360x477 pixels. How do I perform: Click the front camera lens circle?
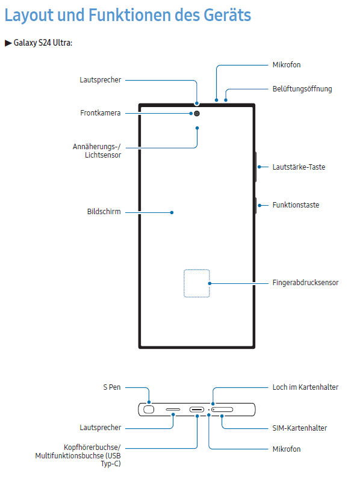click(x=197, y=114)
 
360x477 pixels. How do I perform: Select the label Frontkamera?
click(x=100, y=113)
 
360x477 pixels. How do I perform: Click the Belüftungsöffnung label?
click(x=302, y=89)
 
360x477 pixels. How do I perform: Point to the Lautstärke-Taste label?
click(x=299, y=167)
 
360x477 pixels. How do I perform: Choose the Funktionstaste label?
click(x=296, y=205)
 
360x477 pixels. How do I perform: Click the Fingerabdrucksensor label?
click(x=305, y=283)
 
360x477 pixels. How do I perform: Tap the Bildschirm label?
click(x=104, y=211)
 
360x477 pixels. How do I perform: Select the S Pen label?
click(x=112, y=387)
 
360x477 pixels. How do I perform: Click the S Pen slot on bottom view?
click(x=149, y=410)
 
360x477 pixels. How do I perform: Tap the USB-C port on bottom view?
click(x=197, y=410)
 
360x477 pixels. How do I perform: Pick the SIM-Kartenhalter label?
click(x=299, y=428)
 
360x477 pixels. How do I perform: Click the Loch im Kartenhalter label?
click(x=305, y=387)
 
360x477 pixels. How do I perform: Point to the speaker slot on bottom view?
click(x=173, y=410)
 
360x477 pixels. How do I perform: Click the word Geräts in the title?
click(x=227, y=15)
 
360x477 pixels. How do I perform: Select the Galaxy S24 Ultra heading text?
click(x=43, y=43)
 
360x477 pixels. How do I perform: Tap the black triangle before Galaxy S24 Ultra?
click(x=8, y=43)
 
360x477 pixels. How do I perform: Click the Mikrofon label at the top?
click(x=287, y=65)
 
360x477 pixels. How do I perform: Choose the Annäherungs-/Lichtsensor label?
click(x=97, y=151)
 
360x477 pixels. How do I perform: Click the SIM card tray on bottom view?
click(x=222, y=410)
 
